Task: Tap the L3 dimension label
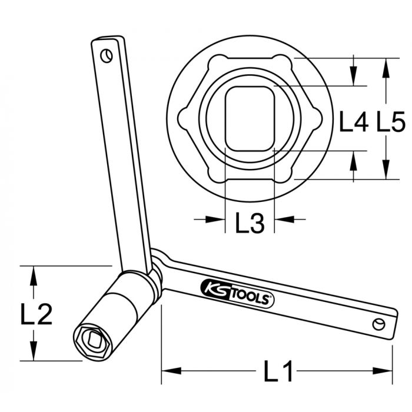pyautogui.click(x=250, y=222)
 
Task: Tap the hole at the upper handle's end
pyautogui.click(x=106, y=56)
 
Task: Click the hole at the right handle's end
pyautogui.click(x=378, y=323)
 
